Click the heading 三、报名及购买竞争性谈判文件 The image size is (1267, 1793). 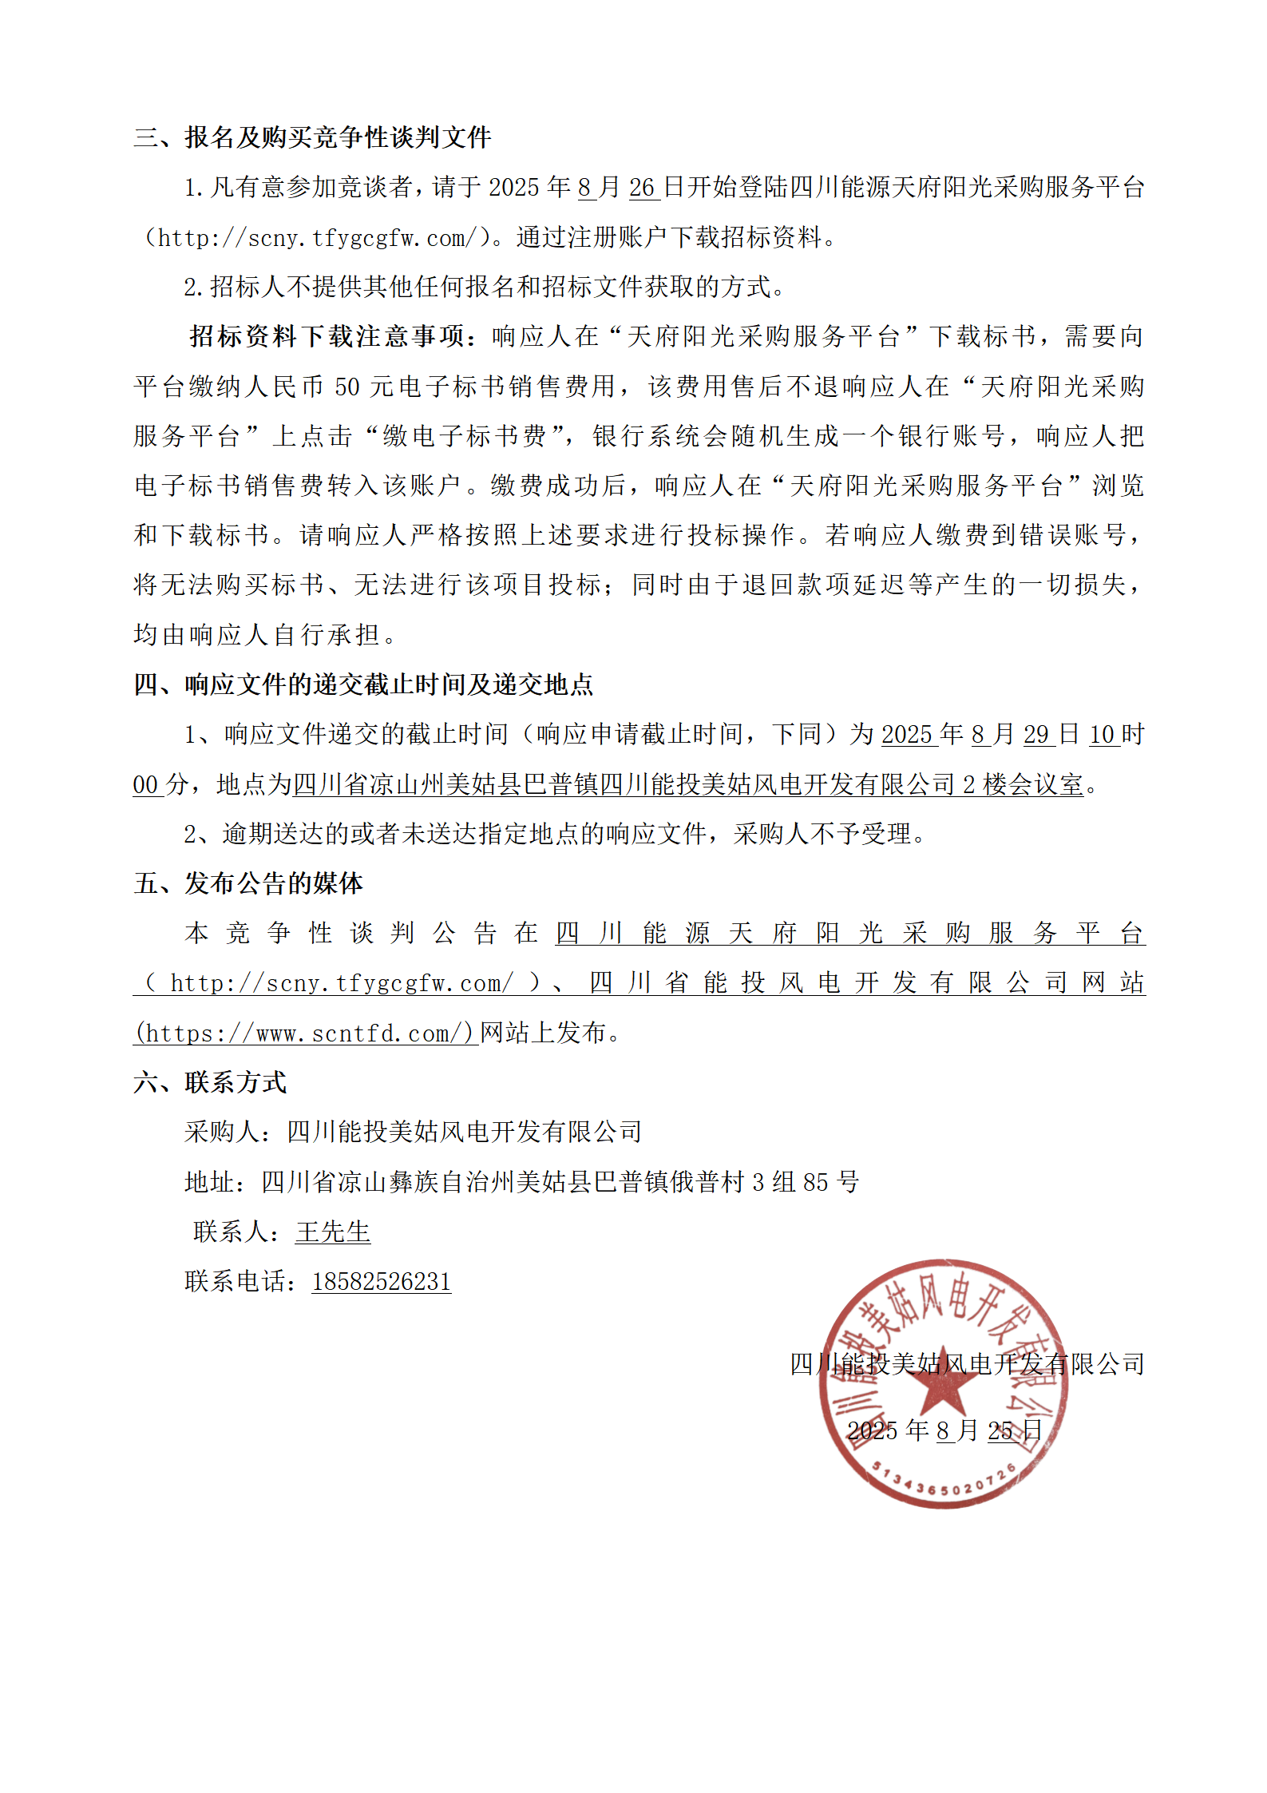(x=312, y=137)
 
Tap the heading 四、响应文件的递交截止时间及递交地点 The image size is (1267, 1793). (x=363, y=684)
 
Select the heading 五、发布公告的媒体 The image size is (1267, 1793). (x=248, y=883)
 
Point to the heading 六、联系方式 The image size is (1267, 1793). (x=210, y=1082)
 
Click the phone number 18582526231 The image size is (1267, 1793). (x=381, y=1281)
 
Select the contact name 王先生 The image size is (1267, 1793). (x=333, y=1232)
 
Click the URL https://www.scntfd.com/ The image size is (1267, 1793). (x=305, y=1033)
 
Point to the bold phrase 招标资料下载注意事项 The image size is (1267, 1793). (x=327, y=336)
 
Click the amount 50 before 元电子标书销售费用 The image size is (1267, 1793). (x=347, y=387)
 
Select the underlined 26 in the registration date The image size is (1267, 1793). (x=642, y=188)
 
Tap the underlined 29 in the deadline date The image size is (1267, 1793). (x=1036, y=734)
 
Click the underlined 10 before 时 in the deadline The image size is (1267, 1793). (x=1102, y=734)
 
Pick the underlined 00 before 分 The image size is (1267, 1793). (x=145, y=784)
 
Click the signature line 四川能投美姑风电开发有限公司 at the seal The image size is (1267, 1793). (x=967, y=1363)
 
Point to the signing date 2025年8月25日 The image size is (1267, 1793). (x=944, y=1430)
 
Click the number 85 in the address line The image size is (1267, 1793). (x=815, y=1182)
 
